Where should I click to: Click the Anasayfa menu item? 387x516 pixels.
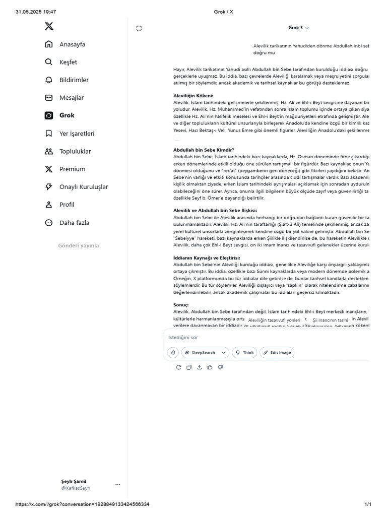72,44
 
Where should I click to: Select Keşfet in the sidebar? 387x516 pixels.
68,62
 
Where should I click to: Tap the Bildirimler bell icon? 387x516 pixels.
49,80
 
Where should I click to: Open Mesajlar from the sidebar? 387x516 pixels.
71,98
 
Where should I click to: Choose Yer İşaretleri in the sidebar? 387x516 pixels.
76,134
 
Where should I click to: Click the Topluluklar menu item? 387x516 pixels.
75,151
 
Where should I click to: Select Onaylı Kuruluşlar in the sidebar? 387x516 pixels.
83,187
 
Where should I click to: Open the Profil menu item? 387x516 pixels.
67,205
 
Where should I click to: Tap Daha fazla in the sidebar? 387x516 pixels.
75,222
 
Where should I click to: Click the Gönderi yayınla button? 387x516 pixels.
78,246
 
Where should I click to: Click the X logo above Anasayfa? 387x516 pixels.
49,27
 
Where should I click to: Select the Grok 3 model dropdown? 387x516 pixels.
298,28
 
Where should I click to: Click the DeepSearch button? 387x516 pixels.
205,353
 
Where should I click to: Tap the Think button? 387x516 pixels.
244,353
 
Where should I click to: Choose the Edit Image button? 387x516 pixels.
277,353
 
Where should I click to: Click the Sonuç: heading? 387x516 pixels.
181,305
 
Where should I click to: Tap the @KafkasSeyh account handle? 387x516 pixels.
76,488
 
